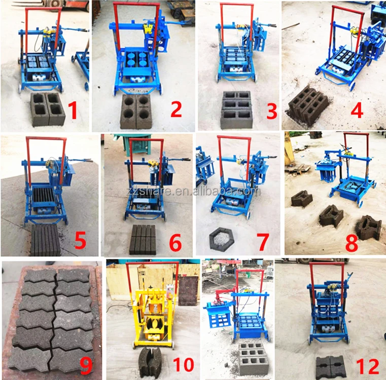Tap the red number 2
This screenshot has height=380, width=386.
(176, 108)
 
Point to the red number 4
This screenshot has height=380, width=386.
(357, 109)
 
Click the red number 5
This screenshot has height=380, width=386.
(80, 241)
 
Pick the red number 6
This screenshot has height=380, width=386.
(175, 242)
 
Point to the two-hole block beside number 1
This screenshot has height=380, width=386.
(47, 109)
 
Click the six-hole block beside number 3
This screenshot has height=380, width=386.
(236, 109)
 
